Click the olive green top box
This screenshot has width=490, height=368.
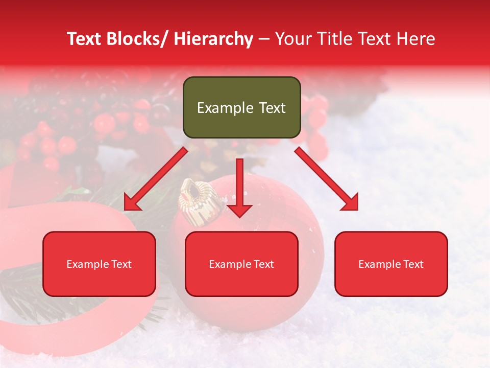pos(241,107)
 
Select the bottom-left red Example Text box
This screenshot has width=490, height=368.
pos(99,264)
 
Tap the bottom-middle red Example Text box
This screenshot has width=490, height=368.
pos(241,264)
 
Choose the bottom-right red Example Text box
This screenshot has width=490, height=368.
pos(391,264)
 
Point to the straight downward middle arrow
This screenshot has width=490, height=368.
pos(239,187)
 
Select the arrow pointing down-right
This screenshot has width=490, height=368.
pos(327,179)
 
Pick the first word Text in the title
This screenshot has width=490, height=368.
pos(85,39)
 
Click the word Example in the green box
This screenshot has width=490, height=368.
pos(225,108)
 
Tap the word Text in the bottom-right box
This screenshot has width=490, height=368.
pos(413,264)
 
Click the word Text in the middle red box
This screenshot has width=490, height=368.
pos(263,264)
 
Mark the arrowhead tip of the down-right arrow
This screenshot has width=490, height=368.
pos(357,209)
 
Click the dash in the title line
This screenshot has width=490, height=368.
pos(264,39)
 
